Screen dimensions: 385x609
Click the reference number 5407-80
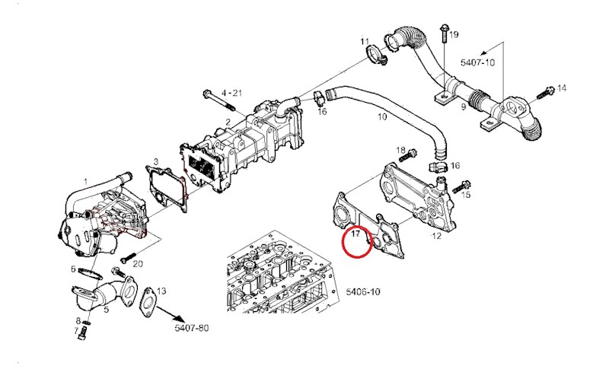[x=191, y=328]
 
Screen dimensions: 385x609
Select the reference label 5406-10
[x=362, y=292]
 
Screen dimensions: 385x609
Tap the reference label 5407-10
[x=477, y=62]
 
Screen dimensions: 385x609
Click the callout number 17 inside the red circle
[x=356, y=237]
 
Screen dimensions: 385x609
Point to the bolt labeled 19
[x=442, y=33]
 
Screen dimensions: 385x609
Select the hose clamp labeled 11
[x=375, y=55]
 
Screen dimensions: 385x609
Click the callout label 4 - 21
[x=231, y=93]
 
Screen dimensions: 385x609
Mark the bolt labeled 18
[x=410, y=154]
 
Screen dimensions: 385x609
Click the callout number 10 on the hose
[x=382, y=117]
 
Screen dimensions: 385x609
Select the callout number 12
[x=436, y=237]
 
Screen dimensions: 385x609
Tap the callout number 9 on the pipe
[x=464, y=108]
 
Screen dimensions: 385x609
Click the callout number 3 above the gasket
[x=155, y=161]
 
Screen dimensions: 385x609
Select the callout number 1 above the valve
[x=85, y=181]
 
